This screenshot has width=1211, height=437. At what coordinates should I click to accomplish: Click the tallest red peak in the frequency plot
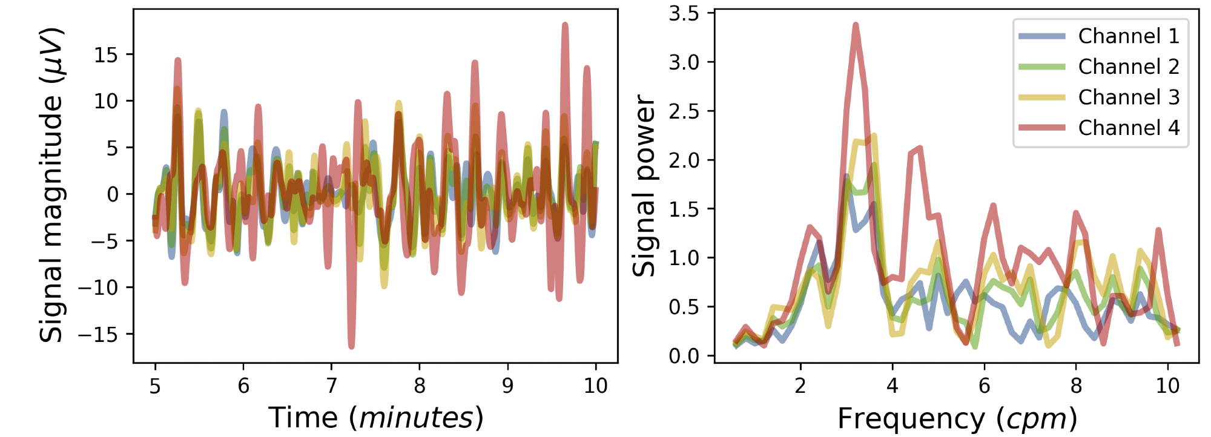(856, 25)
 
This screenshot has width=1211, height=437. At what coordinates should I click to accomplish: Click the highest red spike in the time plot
(565, 25)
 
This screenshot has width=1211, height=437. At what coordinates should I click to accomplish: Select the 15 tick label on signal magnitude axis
(106, 54)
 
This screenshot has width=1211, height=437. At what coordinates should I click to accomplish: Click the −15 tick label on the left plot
(98, 334)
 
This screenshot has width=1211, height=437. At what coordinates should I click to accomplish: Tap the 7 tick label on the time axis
(331, 386)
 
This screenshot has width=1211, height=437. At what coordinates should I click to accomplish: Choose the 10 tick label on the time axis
(596, 386)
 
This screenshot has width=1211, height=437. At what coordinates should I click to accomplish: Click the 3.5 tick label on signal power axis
(684, 13)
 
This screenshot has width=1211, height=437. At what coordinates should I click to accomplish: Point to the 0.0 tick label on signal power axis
(684, 356)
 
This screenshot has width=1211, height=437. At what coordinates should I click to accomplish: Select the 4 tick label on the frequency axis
(893, 386)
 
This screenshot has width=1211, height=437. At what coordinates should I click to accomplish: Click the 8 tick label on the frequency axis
(1076, 386)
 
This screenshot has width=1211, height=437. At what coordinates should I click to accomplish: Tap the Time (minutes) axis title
(375, 418)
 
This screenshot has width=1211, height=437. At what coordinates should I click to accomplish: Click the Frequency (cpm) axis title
(957, 418)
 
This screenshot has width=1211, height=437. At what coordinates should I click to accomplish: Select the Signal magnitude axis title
(51, 185)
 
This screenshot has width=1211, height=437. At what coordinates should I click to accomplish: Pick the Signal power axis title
(644, 185)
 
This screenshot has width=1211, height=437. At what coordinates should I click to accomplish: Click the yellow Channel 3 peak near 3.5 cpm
(874, 136)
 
